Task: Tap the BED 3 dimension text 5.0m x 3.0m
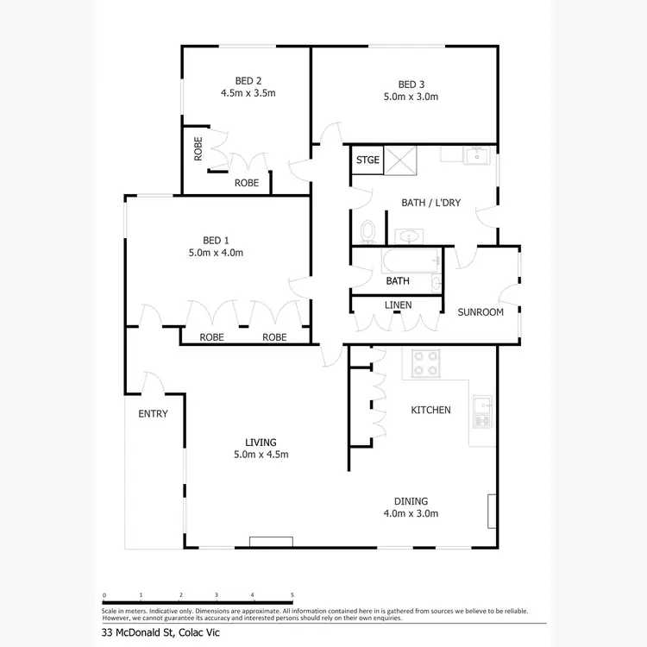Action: coord(411,97)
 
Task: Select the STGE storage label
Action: coord(367,160)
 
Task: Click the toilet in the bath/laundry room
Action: coord(368,231)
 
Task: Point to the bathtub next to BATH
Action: coord(411,260)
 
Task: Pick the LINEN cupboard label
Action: coord(398,305)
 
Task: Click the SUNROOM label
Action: coord(481,312)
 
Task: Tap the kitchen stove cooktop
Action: coord(424,363)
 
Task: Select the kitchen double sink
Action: coord(482,411)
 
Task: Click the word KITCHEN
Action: coord(430,410)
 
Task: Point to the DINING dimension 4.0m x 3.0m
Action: coord(411,513)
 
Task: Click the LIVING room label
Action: coord(260,442)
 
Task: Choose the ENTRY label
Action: coord(153,414)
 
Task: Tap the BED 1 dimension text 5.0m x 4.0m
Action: coord(217,253)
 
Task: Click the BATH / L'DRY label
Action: coord(431,203)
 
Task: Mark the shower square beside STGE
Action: coord(399,160)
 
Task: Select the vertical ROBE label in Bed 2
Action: coord(198,150)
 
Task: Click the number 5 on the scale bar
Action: coord(292,594)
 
